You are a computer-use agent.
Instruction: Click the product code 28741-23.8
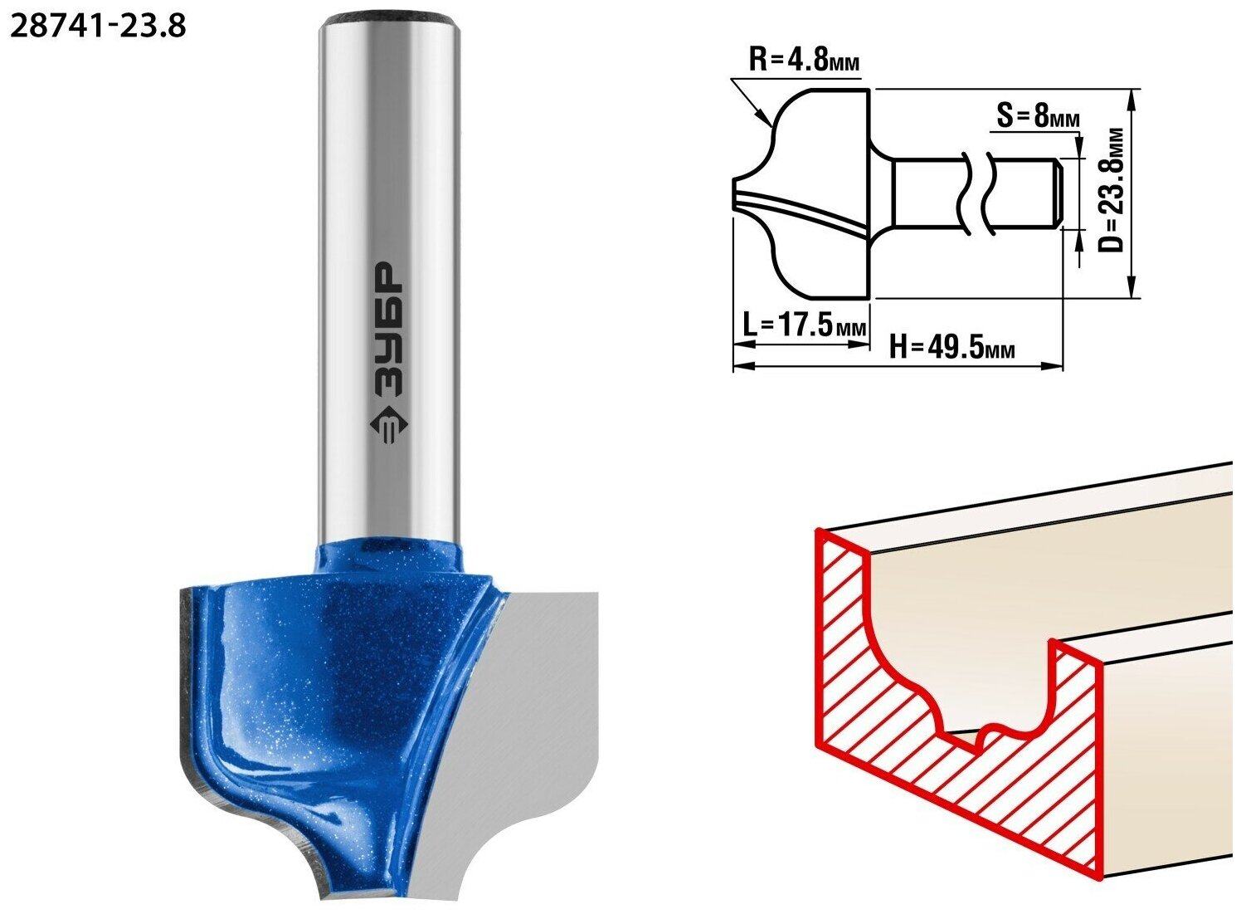point(98,26)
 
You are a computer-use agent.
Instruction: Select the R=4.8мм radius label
point(804,60)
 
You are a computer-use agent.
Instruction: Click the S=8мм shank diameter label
point(1038,117)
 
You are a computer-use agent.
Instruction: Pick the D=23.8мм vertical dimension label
point(1112,191)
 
